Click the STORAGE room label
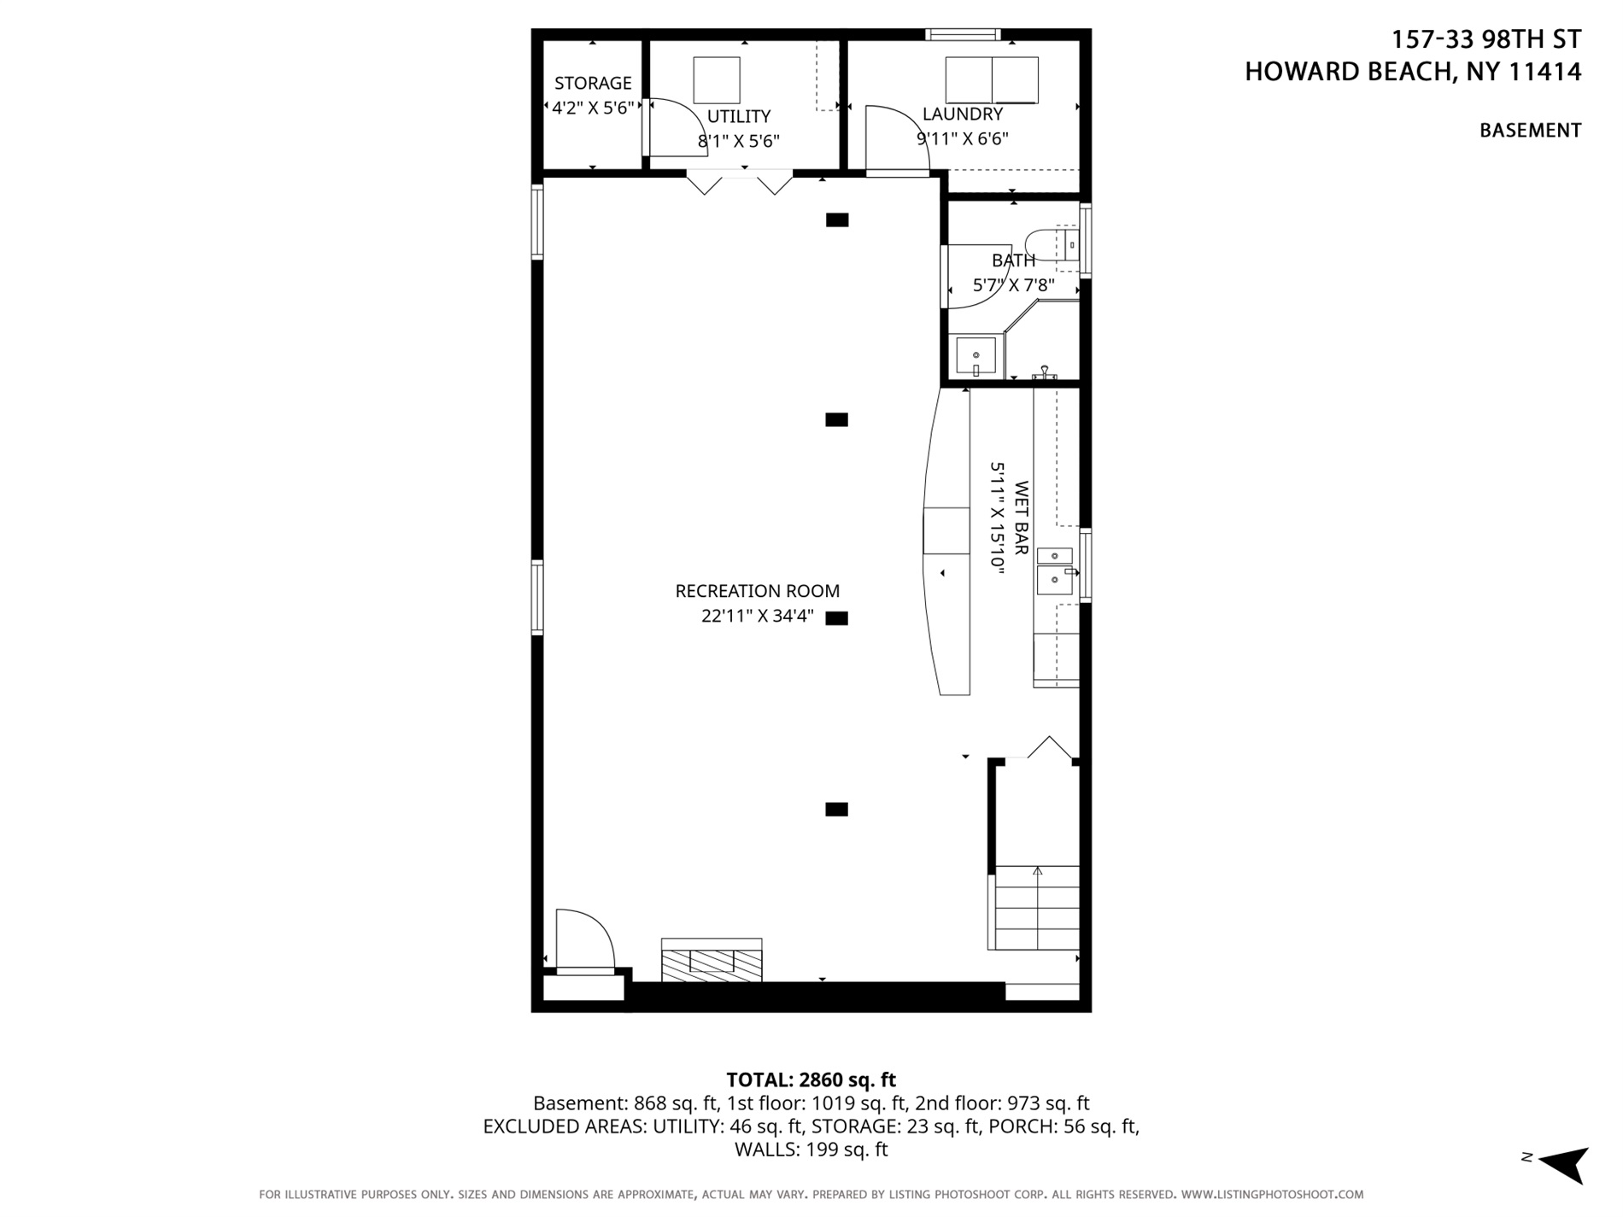(x=593, y=83)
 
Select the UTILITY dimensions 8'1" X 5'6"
(x=739, y=141)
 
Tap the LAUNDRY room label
(x=962, y=114)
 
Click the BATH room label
(x=1013, y=260)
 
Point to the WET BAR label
(x=1021, y=518)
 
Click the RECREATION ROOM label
(x=757, y=591)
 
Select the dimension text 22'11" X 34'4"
(x=757, y=616)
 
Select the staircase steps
(x=1036, y=908)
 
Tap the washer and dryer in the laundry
(x=991, y=80)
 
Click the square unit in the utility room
(x=716, y=80)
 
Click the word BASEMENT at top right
(x=1529, y=131)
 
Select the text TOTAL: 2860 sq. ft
(x=811, y=1080)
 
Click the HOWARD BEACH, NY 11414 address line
(x=1412, y=72)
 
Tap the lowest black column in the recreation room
(x=836, y=810)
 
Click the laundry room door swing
(x=893, y=137)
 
